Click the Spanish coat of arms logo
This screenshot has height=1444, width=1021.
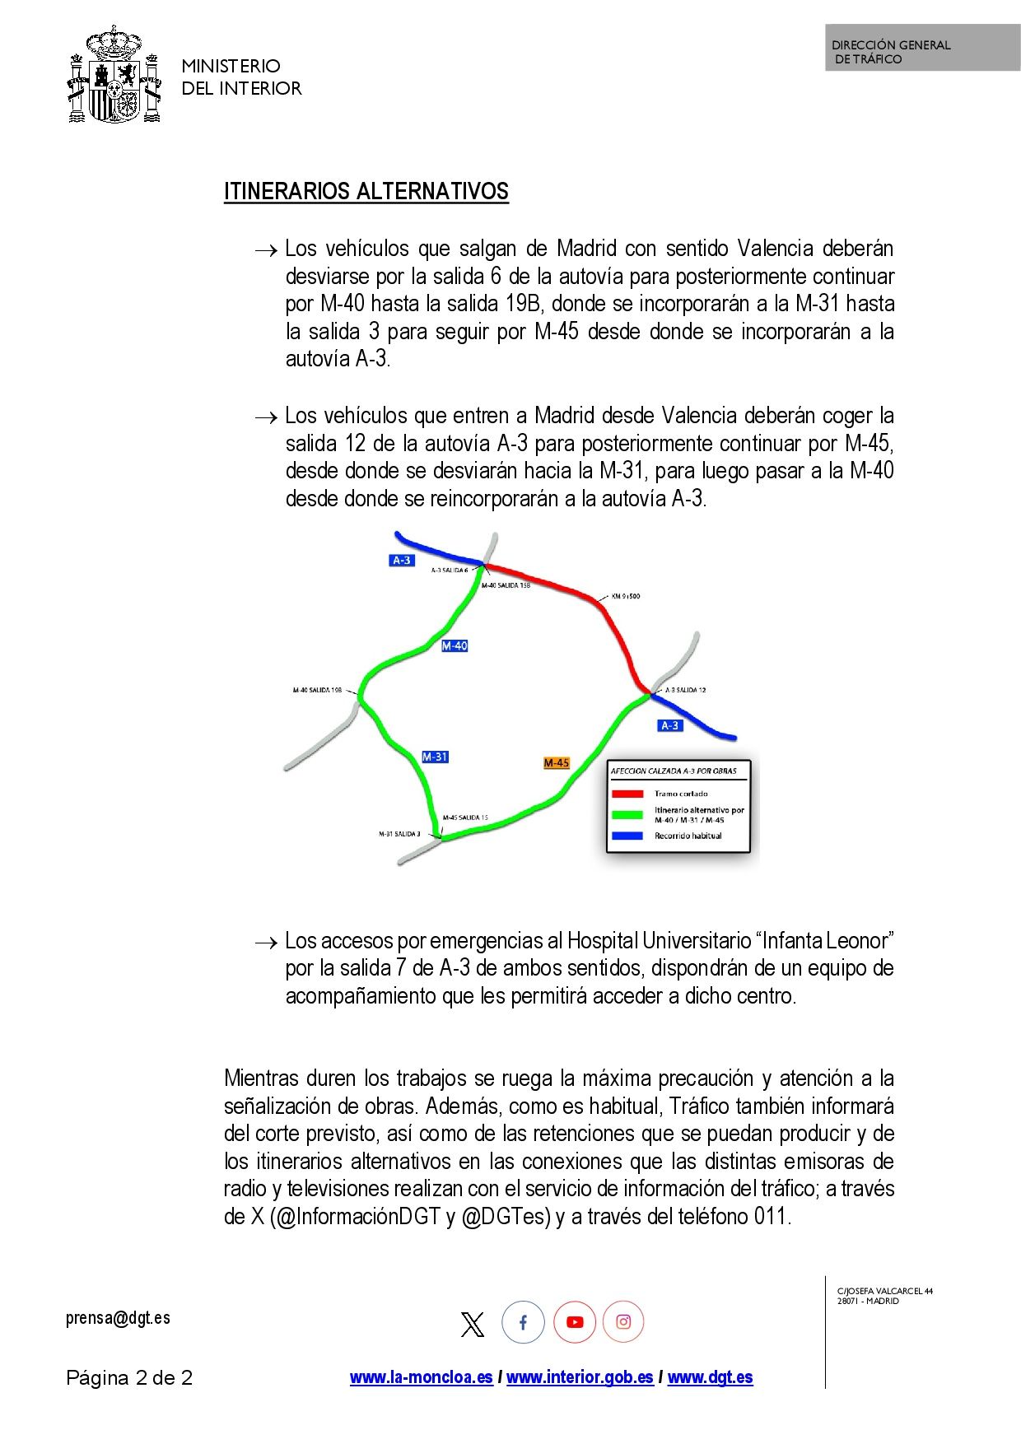(113, 76)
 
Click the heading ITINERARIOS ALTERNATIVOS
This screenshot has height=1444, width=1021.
(366, 192)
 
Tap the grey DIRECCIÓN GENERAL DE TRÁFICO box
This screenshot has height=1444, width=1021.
(922, 49)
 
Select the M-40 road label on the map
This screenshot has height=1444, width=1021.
(454, 646)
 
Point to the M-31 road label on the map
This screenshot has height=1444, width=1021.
(435, 757)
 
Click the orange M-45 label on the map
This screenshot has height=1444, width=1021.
(557, 763)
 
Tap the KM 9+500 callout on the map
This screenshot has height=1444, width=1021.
(625, 596)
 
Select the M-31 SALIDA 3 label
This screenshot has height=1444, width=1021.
(399, 834)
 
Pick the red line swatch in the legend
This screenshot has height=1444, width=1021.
(627, 794)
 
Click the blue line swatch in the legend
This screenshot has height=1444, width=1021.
(627, 836)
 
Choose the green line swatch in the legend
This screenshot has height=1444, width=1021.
(627, 815)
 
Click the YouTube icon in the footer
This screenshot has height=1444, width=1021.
(574, 1322)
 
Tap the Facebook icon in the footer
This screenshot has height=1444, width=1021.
(523, 1322)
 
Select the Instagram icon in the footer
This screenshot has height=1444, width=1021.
(623, 1322)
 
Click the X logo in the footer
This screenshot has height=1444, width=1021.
(473, 1324)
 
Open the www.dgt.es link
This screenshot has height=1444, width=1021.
(710, 1377)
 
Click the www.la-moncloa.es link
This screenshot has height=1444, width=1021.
(421, 1377)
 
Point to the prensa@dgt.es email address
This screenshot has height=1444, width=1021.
(118, 1318)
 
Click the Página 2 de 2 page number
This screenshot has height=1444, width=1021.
(129, 1378)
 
